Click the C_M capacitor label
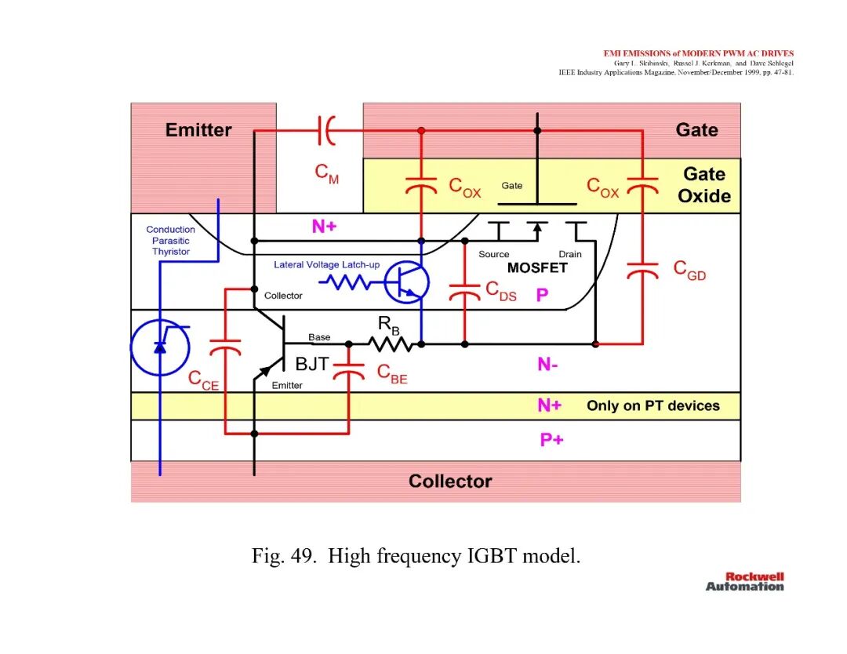pos(327,174)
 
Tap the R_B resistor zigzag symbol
pos(391,343)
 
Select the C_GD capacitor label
pos(689,270)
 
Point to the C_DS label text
pos(500,291)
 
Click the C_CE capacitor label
pos(203,380)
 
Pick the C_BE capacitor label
pos(392,374)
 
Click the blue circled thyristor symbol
pos(160,347)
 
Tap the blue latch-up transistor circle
pos(406,282)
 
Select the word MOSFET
pos(537,268)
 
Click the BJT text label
pos(311,364)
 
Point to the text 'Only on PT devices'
pos(653,405)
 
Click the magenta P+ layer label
pos(551,440)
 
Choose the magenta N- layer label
pos(547,365)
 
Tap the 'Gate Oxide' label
pos(704,185)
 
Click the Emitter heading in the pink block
pos(198,129)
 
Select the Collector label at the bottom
pos(450,481)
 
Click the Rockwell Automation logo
pos(745,582)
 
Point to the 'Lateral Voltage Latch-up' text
pos(327,264)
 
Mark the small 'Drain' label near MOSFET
pos(570,254)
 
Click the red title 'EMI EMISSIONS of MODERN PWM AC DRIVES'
pos(699,53)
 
